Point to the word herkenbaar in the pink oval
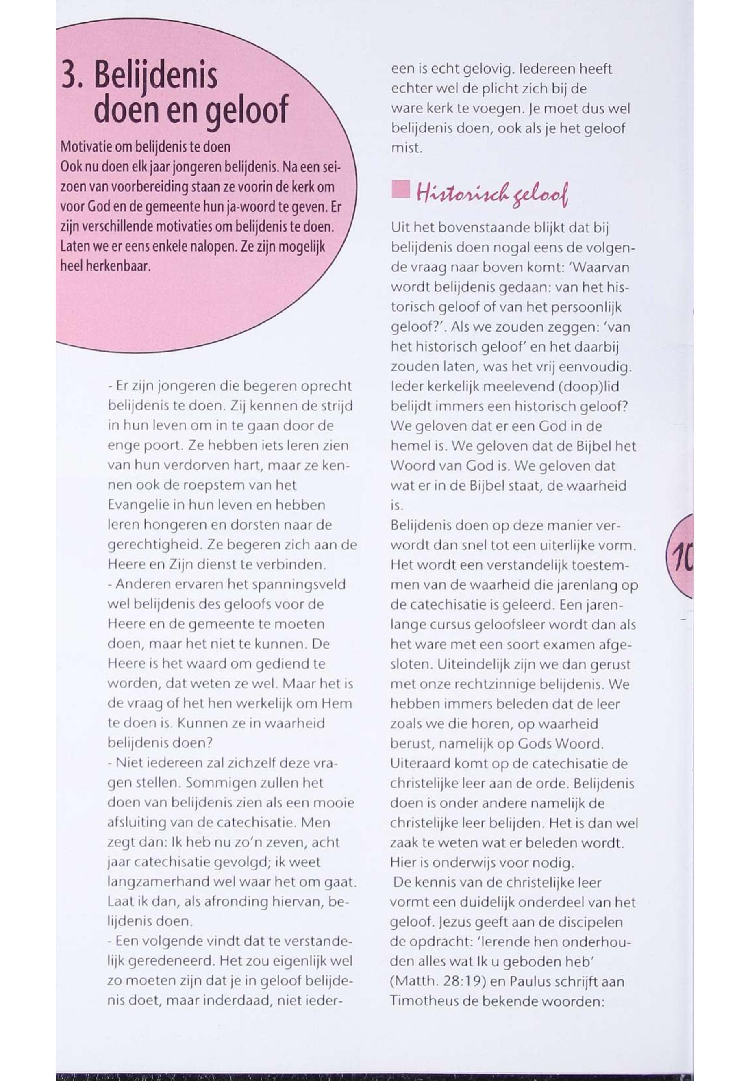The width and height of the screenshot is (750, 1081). click(x=126, y=267)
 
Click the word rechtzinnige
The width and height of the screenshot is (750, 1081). click(x=483, y=684)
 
